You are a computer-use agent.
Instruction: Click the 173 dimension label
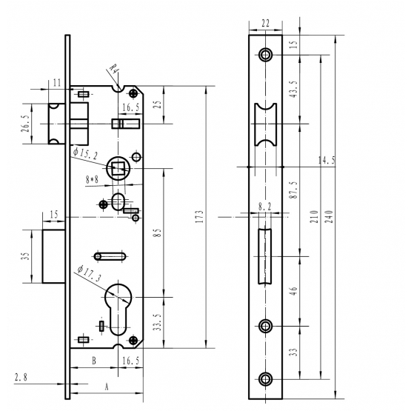tap(200, 216)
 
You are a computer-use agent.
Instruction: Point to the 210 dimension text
tap(314, 216)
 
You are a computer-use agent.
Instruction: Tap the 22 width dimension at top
tap(265, 24)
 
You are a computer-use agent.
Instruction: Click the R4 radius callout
tap(114, 69)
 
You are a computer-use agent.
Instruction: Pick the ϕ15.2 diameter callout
tap(85, 153)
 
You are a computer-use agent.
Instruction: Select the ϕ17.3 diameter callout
tap(89, 273)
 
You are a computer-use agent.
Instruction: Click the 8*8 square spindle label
tap(92, 179)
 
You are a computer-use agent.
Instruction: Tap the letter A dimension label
tap(106, 387)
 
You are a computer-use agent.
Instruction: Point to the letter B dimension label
tap(94, 361)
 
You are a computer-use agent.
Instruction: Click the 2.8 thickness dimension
tap(21, 378)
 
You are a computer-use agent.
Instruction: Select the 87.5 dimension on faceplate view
tap(294, 190)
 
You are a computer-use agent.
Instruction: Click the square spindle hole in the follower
tap(118, 168)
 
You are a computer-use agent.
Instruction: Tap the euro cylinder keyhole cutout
tap(118, 310)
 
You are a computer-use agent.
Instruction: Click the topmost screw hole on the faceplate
tap(266, 55)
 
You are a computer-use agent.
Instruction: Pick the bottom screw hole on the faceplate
tap(266, 379)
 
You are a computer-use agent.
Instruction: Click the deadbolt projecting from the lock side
tap(54, 256)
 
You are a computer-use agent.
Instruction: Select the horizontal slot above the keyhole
tap(110, 256)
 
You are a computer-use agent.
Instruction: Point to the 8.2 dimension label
tap(264, 207)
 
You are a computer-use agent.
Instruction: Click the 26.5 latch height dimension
tap(27, 124)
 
